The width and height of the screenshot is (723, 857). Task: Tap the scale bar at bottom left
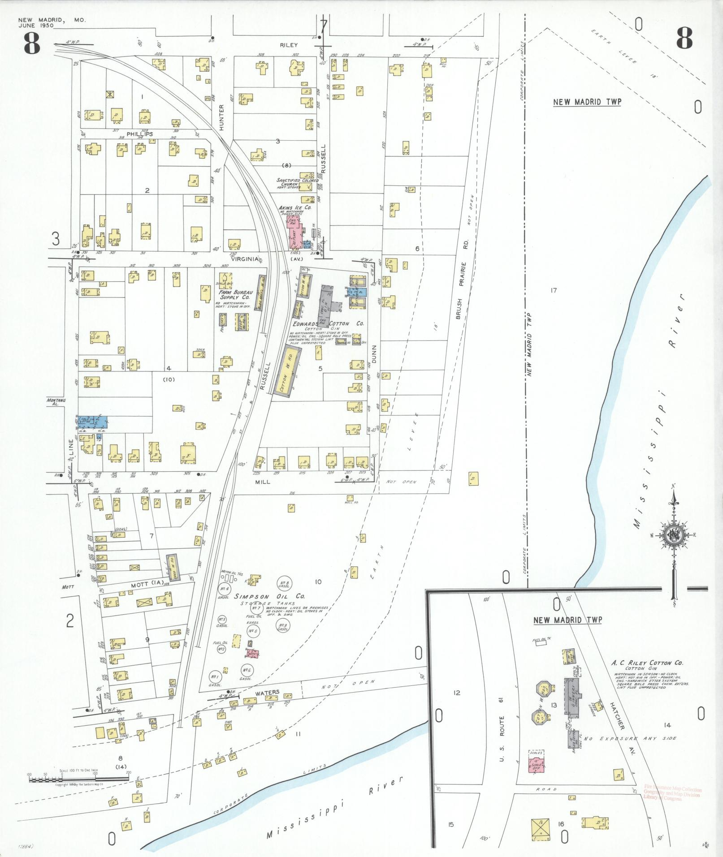coord(78,779)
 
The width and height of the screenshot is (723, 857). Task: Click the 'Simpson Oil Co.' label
coord(269,596)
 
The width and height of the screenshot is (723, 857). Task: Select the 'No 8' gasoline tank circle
coord(284,583)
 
